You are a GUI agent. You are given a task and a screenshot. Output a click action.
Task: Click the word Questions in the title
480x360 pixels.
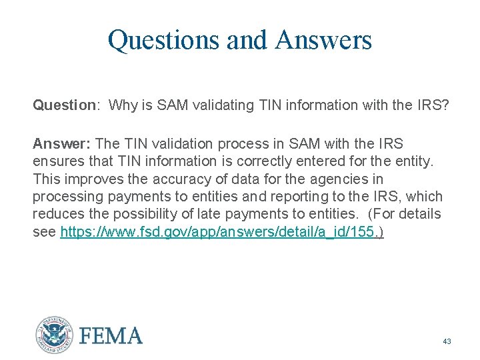click(164, 40)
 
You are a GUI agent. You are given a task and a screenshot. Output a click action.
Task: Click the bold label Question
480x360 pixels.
click(65, 105)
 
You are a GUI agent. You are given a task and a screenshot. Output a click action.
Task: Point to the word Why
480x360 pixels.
click(122, 105)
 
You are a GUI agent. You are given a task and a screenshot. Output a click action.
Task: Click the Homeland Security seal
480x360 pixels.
click(54, 334)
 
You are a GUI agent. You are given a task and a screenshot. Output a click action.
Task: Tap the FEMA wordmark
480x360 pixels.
click(111, 335)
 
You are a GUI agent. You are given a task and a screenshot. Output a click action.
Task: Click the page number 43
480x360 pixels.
click(447, 341)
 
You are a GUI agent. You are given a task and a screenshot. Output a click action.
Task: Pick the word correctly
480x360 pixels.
click(257, 161)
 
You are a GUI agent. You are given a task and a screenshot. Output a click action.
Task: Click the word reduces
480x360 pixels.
click(55, 214)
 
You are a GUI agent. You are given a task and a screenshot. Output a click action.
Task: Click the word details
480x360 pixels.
click(421, 214)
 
